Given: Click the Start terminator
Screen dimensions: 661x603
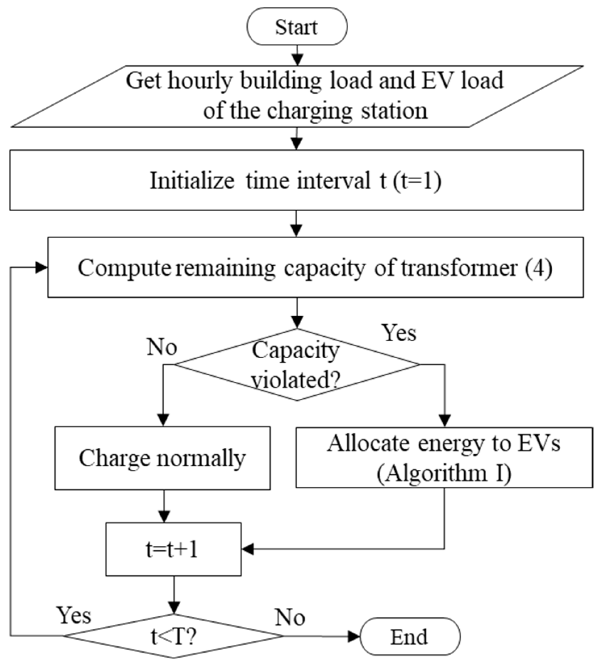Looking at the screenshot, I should coord(297,27).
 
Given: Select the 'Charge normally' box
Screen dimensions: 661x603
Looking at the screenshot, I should coord(162,458).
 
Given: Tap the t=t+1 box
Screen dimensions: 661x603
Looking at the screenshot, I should coord(173,549).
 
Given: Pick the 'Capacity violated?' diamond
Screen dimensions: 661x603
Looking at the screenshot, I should coord(296,365).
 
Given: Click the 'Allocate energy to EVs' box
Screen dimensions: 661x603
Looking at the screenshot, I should coord(444,458).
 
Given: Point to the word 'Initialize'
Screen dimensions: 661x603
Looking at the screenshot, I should coord(192,180).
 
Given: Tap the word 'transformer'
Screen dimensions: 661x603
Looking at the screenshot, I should coord(459,268).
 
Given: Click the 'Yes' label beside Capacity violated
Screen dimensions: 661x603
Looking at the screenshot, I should coord(399,333).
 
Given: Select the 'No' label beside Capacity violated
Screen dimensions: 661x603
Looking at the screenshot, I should coord(162,347).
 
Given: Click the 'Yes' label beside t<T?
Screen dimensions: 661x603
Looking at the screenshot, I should coord(74,615).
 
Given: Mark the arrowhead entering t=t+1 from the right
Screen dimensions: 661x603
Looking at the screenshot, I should coord(247,549).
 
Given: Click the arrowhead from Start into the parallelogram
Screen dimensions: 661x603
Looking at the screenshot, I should coord(298,60).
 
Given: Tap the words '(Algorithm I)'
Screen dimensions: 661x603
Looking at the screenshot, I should coord(444,473).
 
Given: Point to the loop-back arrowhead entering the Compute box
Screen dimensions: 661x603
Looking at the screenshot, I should coord(41,268).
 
